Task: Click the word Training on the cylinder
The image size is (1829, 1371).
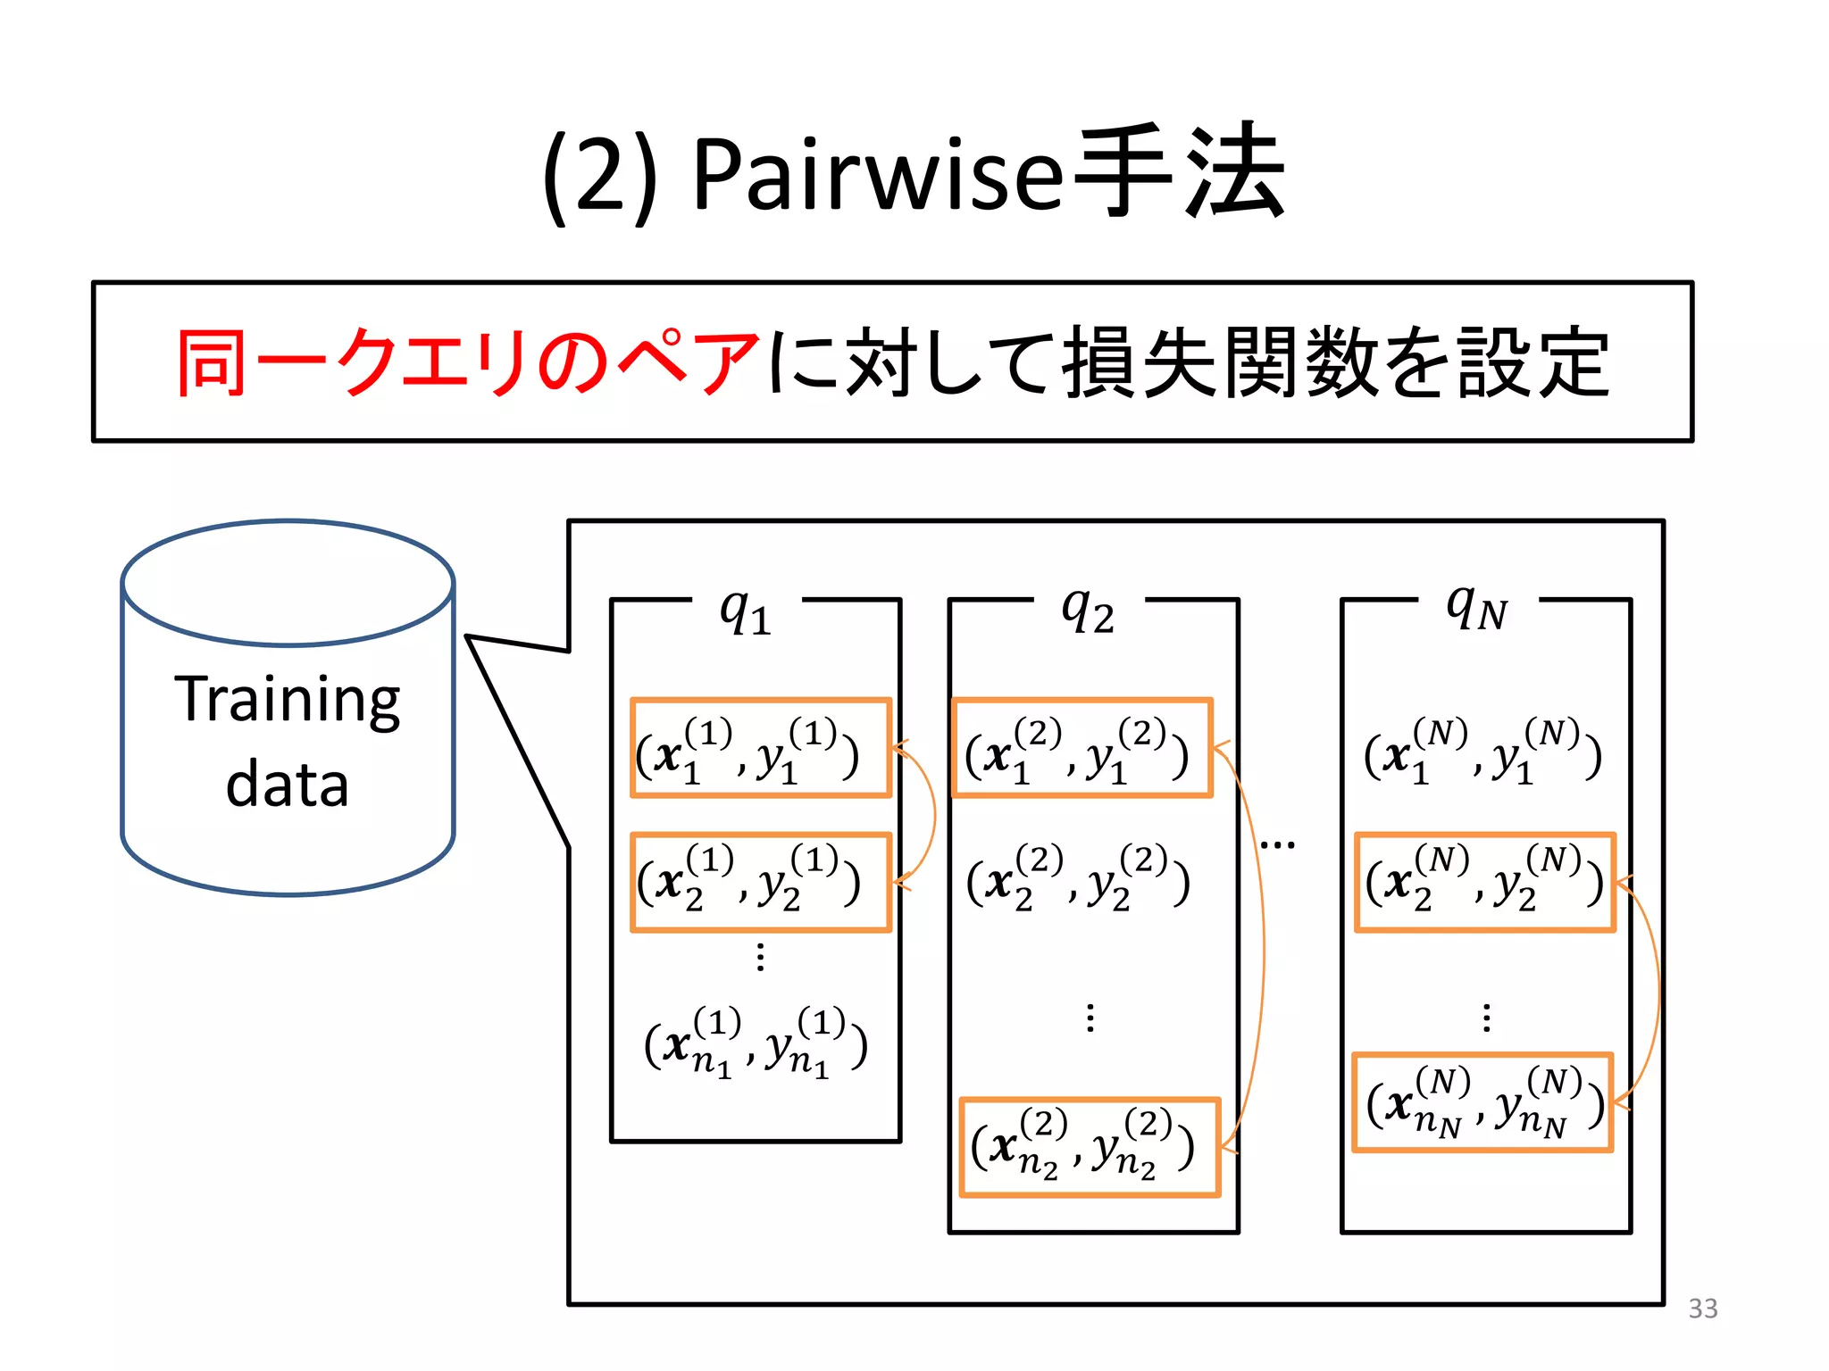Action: click(x=288, y=700)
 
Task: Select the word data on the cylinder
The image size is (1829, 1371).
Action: click(x=287, y=785)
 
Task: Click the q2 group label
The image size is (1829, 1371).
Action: click(x=1088, y=611)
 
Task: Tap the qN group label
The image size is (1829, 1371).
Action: click(x=1477, y=609)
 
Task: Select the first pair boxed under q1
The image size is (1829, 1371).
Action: click(x=761, y=748)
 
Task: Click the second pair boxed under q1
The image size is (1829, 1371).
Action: click(x=761, y=883)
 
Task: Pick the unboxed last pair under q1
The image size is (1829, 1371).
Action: click(x=756, y=1043)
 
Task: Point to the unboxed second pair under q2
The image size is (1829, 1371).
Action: click(x=1079, y=880)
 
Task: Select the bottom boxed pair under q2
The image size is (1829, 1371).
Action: click(x=1090, y=1148)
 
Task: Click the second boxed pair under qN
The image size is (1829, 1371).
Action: click(x=1484, y=883)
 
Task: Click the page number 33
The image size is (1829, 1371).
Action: click(x=1702, y=1309)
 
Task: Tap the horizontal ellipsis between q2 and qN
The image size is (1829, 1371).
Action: click(x=1277, y=844)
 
